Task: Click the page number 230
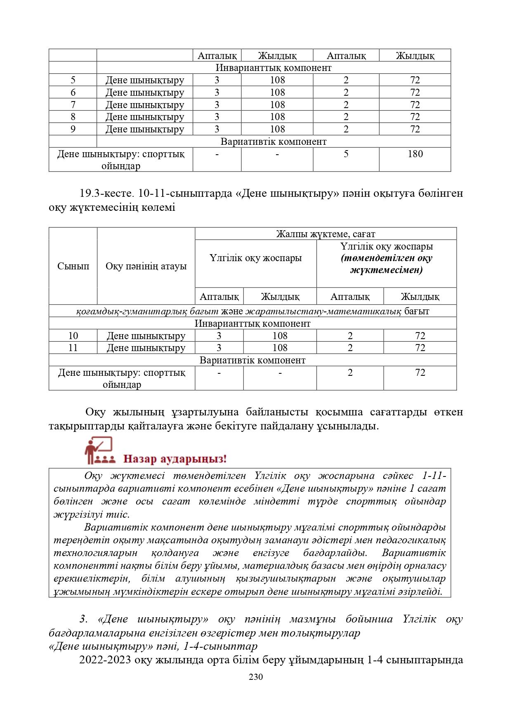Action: click(256, 677)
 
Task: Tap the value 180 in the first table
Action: click(415, 154)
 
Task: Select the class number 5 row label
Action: click(73, 80)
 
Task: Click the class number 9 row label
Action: click(73, 129)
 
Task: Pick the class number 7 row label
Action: click(73, 105)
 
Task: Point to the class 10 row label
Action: click(73, 336)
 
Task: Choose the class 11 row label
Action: click(73, 348)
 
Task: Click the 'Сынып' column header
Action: click(73, 266)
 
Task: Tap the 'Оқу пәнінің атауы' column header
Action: click(146, 266)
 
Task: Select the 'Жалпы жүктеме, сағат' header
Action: click(326, 234)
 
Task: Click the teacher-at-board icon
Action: click(98, 450)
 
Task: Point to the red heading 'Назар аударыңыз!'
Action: click(175, 459)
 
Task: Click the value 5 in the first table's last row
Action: click(346, 154)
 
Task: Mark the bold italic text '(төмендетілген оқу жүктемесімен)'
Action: click(387, 264)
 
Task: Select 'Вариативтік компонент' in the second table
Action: click(252, 360)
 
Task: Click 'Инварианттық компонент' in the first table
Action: click(274, 68)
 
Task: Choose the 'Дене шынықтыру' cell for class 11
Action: click(146, 348)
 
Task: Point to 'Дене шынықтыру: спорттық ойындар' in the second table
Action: click(122, 378)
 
